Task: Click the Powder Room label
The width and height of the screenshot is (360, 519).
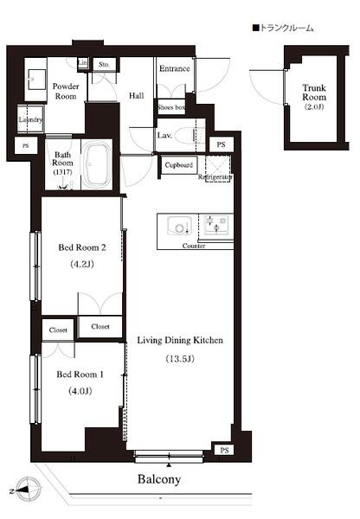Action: (66, 92)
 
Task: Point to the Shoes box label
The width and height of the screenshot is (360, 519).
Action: (171, 107)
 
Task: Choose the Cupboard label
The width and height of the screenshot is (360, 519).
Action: (178, 164)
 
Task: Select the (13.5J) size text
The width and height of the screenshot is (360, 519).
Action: (180, 359)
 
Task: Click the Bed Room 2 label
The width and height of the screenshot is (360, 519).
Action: (81, 247)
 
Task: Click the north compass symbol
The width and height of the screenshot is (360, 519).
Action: (28, 490)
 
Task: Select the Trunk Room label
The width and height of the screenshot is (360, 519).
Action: (312, 93)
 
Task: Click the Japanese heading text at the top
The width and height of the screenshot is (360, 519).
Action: (285, 29)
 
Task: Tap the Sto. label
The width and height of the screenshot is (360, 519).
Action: (103, 64)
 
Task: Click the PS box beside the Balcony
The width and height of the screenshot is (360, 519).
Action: (223, 451)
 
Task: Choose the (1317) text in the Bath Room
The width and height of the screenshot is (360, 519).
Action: (63, 171)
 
